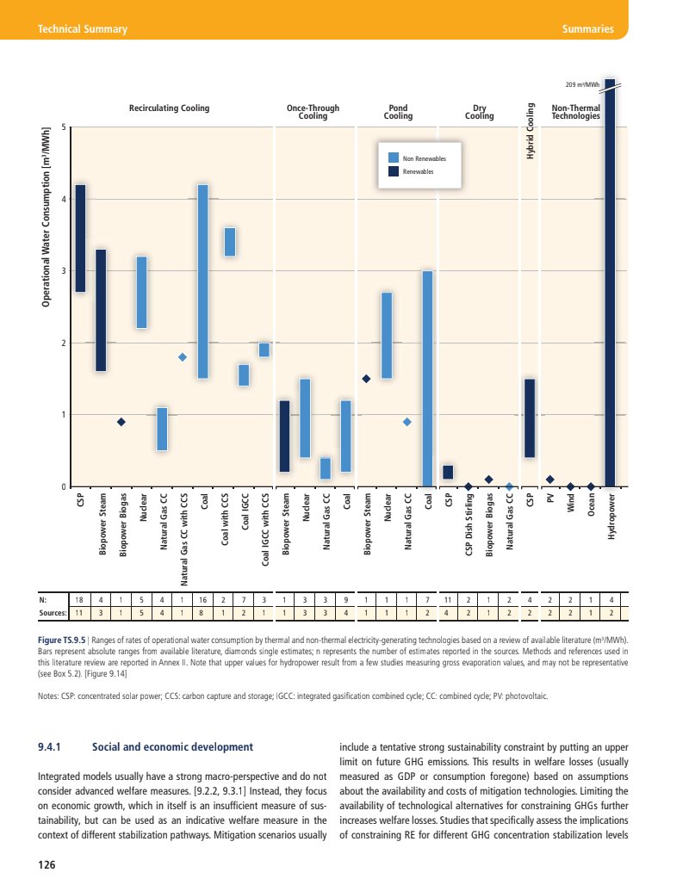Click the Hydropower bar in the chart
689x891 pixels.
tap(610, 284)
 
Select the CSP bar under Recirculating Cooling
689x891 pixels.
tap(80, 238)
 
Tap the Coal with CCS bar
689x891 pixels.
tap(230, 242)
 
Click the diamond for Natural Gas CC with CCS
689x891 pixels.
tap(183, 357)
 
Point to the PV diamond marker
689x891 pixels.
tap(549, 480)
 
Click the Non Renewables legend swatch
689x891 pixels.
tap(394, 158)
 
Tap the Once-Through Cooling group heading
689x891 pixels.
tap(313, 112)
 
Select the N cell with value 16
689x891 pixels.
tap(202, 598)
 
